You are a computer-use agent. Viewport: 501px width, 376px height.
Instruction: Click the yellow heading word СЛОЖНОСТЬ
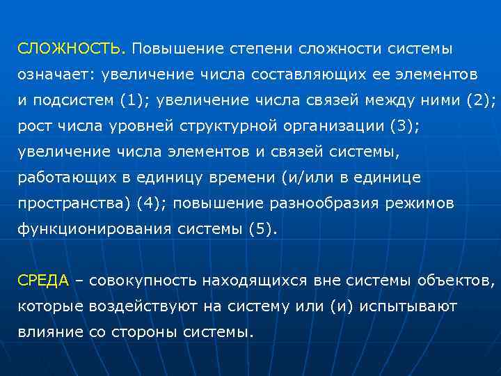tap(70, 49)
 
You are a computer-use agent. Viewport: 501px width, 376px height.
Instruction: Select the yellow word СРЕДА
tap(43, 281)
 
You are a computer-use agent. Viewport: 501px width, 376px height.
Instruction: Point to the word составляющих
tap(312, 73)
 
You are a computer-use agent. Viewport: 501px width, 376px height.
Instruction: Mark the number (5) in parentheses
tap(262, 229)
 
